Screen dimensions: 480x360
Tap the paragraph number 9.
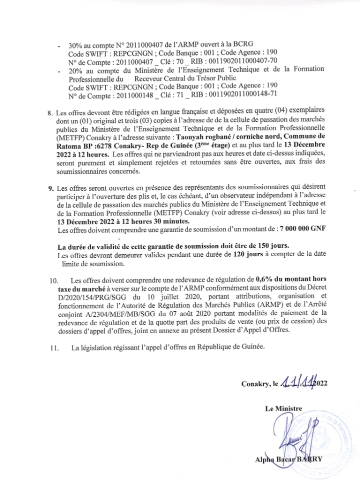(50, 189)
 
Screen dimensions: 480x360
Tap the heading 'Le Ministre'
(283, 409)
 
